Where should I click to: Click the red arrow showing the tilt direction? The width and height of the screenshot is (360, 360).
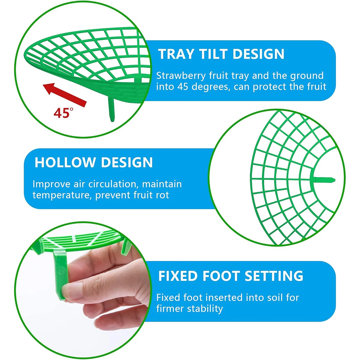(x=65, y=94)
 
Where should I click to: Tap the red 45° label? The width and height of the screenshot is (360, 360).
(x=63, y=113)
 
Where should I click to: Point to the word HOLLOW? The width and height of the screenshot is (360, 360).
(x=64, y=162)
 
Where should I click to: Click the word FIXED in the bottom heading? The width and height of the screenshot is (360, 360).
(x=178, y=276)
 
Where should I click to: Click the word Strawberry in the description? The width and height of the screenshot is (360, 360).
(x=181, y=76)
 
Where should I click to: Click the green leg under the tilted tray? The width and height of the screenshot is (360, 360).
(x=112, y=108)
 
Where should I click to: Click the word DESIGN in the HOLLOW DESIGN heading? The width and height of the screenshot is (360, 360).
(x=127, y=162)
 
